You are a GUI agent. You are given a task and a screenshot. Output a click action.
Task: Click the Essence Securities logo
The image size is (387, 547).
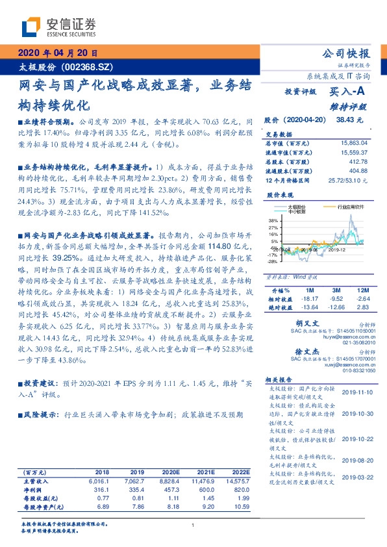[x=58, y=27]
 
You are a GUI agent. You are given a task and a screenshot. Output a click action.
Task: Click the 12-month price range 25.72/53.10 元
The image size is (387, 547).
[x=349, y=179]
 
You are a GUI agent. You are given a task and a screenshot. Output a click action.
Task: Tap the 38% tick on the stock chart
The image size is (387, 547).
[x=271, y=221]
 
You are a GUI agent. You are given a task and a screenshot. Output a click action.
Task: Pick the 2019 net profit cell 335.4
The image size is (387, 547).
[x=136, y=489]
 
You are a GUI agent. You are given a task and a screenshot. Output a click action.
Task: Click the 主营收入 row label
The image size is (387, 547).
[x=35, y=481]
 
